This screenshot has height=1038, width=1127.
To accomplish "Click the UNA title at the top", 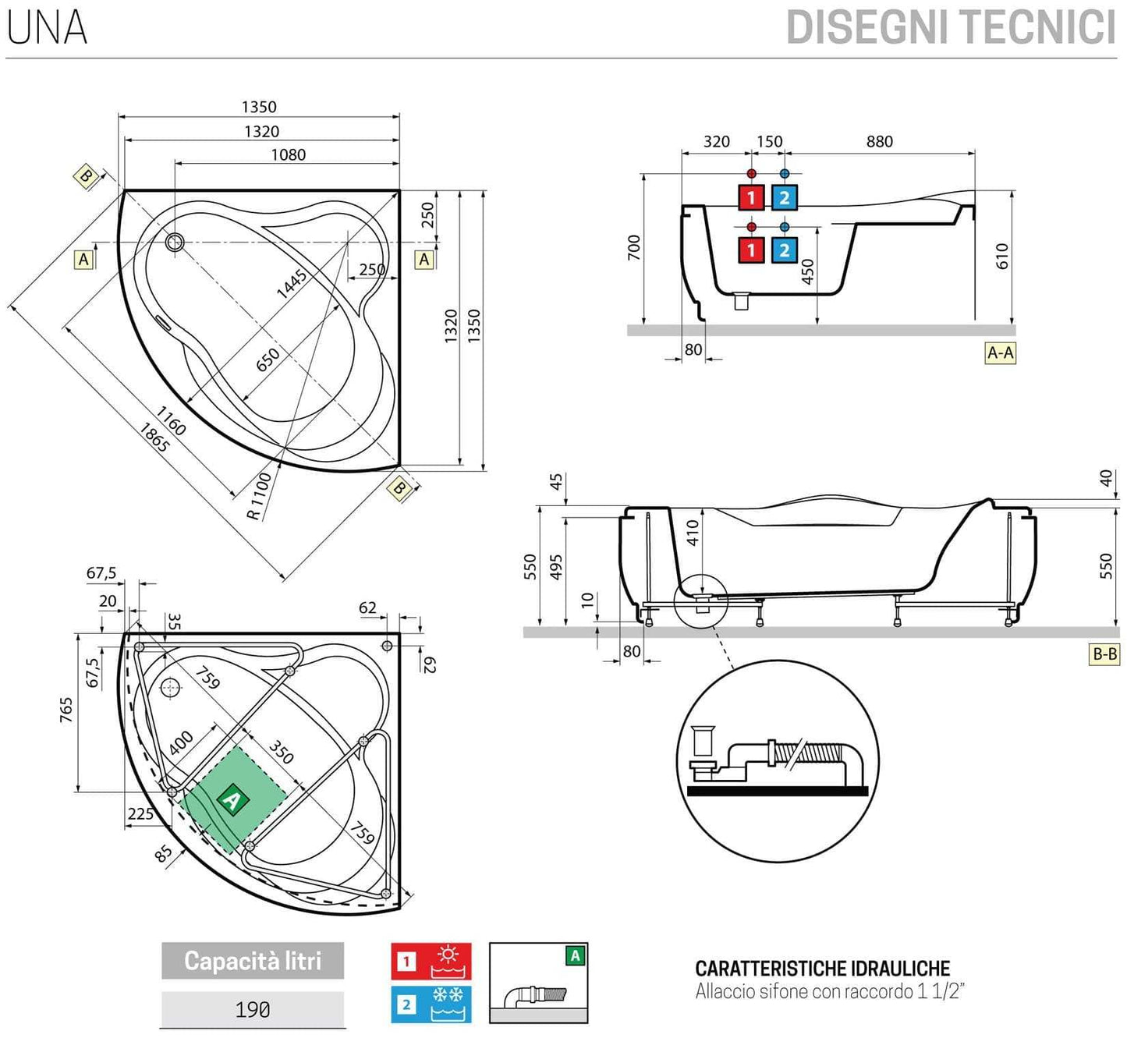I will click(x=47, y=27).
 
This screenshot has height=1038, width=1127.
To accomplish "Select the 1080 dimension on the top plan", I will click(x=288, y=154).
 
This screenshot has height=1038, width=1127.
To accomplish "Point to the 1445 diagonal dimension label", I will click(x=292, y=284).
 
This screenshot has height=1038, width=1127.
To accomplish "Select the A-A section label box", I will click(x=1000, y=352).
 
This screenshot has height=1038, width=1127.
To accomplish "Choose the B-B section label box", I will click(x=1104, y=654).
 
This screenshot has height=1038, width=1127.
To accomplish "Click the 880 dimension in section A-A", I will click(x=879, y=141).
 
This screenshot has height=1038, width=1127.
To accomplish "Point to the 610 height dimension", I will click(x=1002, y=257).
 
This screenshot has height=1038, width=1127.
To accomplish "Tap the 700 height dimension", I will click(x=633, y=247).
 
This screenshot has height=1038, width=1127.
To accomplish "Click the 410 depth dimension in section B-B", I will click(x=692, y=533).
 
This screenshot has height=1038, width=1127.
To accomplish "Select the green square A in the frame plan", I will click(x=232, y=799).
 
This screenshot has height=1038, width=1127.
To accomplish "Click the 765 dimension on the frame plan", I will click(x=66, y=710).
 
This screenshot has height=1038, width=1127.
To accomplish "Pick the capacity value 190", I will click(x=253, y=1010).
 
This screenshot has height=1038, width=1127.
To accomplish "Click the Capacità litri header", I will click(x=253, y=961).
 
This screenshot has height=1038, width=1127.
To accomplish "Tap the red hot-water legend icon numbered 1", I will click(x=431, y=961).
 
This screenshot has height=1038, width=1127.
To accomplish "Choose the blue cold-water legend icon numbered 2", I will click(x=431, y=1004).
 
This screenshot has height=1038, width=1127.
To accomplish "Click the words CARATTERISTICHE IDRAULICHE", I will click(x=822, y=969).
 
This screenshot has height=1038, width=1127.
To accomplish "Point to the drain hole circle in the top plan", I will click(x=175, y=242).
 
